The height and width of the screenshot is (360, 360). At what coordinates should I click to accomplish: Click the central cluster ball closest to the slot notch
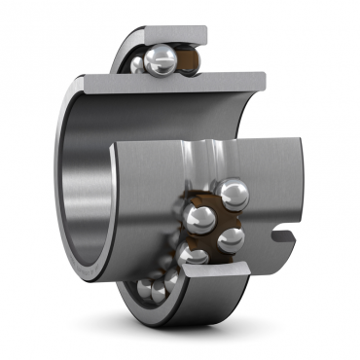point(231,238)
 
